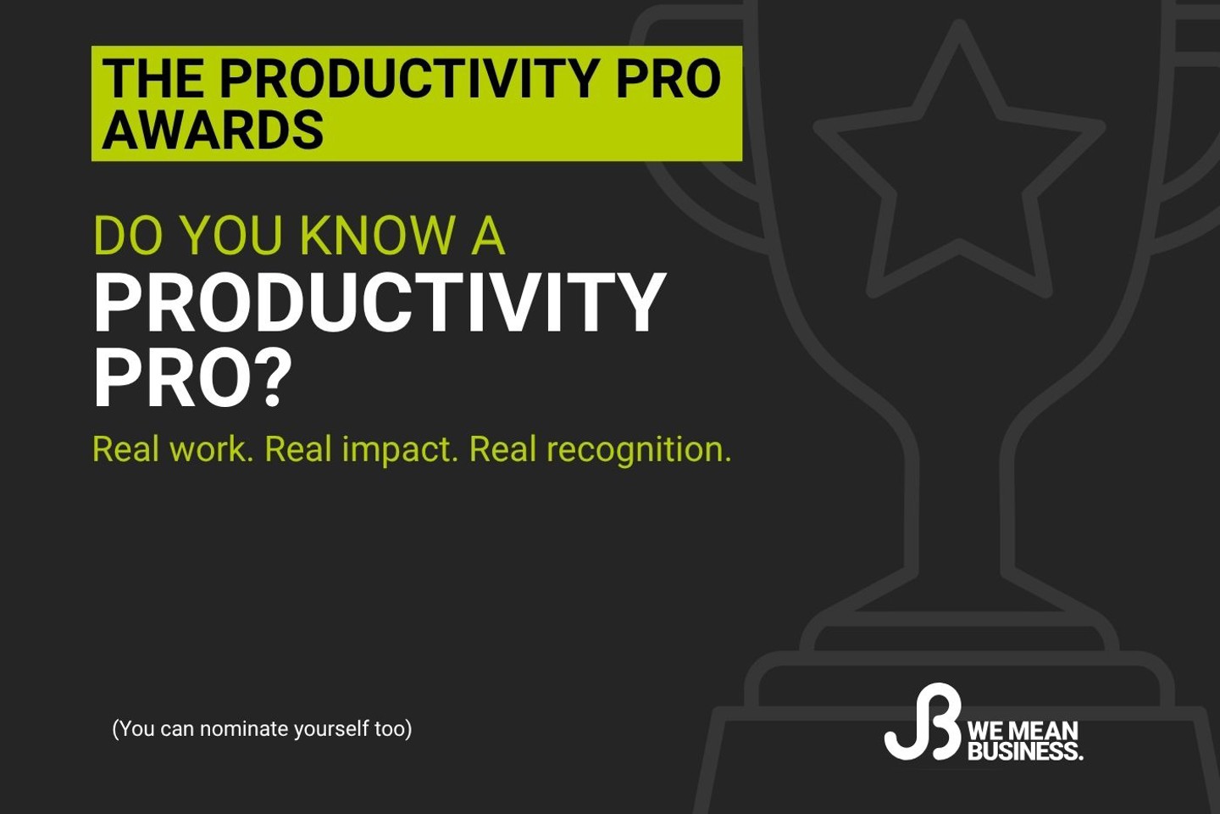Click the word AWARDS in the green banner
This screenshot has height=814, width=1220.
tap(213, 131)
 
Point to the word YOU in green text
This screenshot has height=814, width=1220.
tap(231, 236)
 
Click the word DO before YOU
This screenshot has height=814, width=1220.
tap(128, 236)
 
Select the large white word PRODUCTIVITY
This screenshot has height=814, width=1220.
tap(380, 303)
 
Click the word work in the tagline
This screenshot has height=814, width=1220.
tap(211, 449)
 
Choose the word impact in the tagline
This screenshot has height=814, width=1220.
tap(399, 449)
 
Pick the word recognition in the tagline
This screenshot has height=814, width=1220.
tap(638, 449)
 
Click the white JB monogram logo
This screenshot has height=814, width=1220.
tap(923, 722)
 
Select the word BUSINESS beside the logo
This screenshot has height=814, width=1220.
tap(1024, 751)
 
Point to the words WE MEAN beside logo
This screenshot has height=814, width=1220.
tap(1023, 731)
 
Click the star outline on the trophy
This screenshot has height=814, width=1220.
tap(959, 170)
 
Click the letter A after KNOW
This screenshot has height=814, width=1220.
tap(488, 236)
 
